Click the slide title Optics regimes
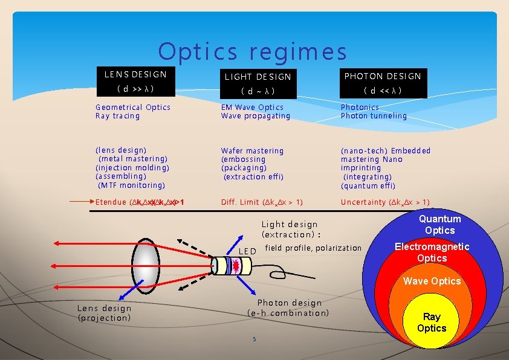[253, 52]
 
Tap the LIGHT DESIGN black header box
[258, 83]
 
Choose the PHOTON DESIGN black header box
[383, 83]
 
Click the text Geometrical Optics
[133, 108]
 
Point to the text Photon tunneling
[374, 116]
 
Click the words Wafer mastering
[252, 150]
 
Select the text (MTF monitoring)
[131, 185]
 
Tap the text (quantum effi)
[368, 186]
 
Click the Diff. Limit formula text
[262, 202]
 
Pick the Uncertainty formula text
[385, 202]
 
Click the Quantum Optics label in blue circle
[439, 225]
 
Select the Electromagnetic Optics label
[432, 252]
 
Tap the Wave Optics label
[432, 281]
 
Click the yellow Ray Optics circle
[432, 323]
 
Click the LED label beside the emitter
[248, 251]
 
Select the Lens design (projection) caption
[104, 313]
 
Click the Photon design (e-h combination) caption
[289, 308]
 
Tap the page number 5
[254, 339]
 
